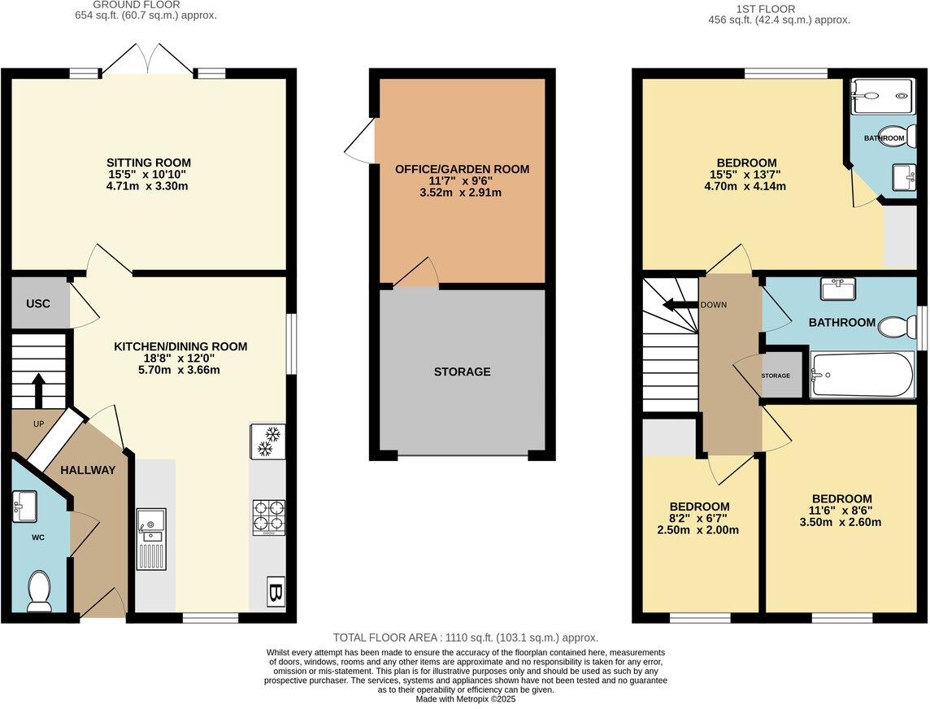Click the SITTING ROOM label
pyautogui.click(x=149, y=163)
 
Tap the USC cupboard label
pyautogui.click(x=37, y=303)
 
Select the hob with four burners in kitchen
pyautogui.click(x=268, y=516)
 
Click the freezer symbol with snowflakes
pyautogui.click(x=268, y=441)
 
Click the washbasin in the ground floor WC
pyautogui.click(x=24, y=507)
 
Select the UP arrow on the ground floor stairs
pyautogui.click(x=38, y=391)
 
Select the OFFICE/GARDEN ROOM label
pyautogui.click(x=462, y=169)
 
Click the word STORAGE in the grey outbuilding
pyautogui.click(x=462, y=372)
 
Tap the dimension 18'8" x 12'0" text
pyautogui.click(x=179, y=359)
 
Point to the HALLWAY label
pyautogui.click(x=89, y=470)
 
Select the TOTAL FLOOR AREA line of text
pyautogui.click(x=465, y=638)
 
